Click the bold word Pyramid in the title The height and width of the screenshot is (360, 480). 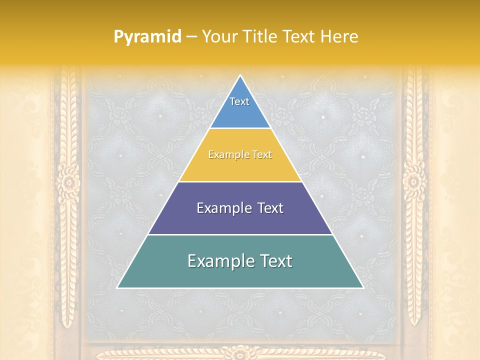click(x=147, y=36)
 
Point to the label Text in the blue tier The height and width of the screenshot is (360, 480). click(x=239, y=101)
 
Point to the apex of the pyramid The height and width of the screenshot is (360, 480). click(x=240, y=76)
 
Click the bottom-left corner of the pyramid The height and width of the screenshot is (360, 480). click(x=118, y=287)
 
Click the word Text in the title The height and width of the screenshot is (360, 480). click(x=299, y=36)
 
